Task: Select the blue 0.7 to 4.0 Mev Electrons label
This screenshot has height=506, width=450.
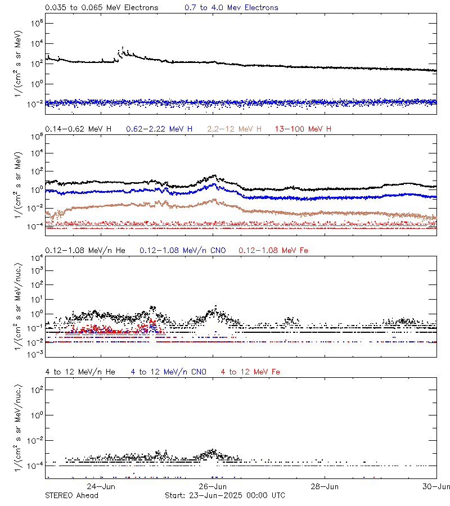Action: point(231,8)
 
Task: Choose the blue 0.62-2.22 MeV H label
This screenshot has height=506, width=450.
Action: point(163,129)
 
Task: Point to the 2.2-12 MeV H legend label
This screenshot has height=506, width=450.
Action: point(235,129)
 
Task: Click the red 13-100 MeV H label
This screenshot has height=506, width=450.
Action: point(303,129)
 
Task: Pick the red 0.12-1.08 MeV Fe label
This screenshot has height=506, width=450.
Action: point(273,250)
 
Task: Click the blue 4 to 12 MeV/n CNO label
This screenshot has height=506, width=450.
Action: point(168,372)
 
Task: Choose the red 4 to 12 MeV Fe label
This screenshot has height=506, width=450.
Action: point(250,372)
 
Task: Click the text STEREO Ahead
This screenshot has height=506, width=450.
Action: point(71,495)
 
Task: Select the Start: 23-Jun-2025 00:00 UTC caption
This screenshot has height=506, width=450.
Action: point(224,495)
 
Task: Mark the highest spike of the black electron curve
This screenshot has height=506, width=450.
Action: point(123,48)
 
